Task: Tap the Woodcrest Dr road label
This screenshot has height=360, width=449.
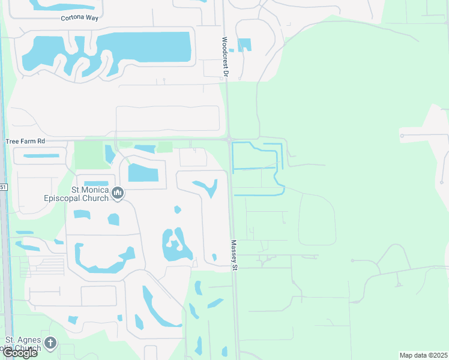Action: point(225,56)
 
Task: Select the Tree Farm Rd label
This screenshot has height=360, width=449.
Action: point(25,142)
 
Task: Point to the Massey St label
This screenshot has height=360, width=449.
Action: point(235,255)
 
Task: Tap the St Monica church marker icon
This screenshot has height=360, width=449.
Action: point(118,193)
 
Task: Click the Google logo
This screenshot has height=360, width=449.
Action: point(20,352)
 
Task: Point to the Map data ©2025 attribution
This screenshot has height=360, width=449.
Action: point(423,355)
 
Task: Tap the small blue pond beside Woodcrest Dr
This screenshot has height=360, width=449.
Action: point(244,45)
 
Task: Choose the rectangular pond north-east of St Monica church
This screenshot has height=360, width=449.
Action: point(143,174)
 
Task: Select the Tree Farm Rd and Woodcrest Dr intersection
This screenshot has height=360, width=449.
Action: point(229,140)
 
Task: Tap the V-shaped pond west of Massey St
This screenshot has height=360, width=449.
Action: point(208,187)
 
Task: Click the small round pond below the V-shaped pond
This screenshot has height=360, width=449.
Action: point(177,209)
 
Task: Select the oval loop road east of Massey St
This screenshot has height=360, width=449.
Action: point(317,219)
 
